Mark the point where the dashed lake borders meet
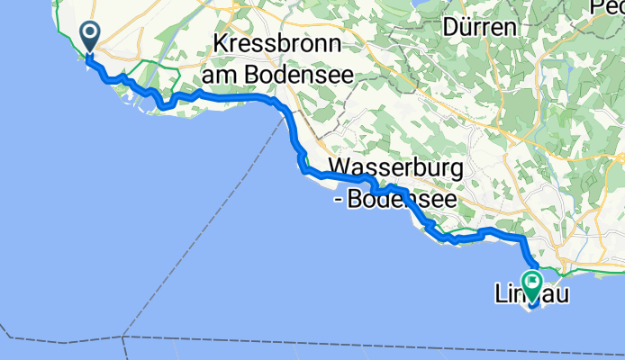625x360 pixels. (123, 337)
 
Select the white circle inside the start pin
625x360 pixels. (91, 33)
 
